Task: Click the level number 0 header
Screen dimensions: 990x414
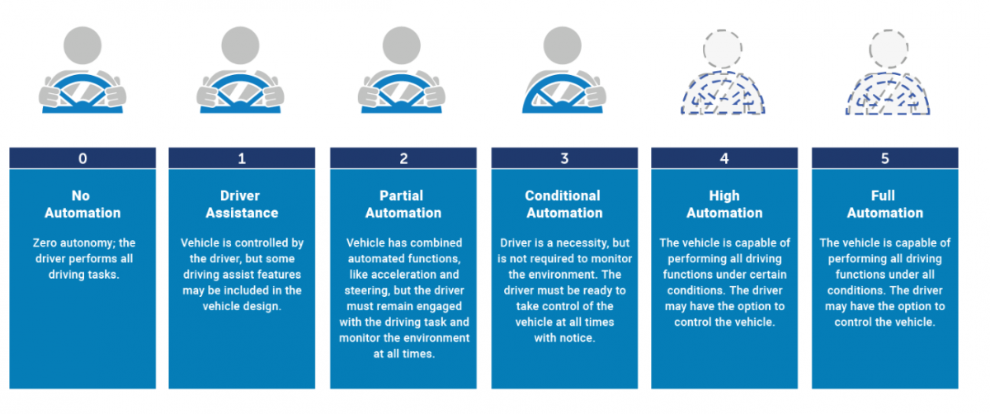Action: [x=82, y=158]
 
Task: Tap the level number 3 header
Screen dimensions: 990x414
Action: [x=564, y=158]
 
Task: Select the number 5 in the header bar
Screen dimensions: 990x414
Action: [x=884, y=158]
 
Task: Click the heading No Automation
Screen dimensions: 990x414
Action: [x=82, y=205]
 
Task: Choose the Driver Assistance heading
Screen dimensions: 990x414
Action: [x=242, y=205]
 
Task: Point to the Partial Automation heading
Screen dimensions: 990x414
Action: [x=403, y=205]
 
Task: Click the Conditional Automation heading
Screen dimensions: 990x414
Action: [x=564, y=205]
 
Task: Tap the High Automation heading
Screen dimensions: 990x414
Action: [x=724, y=205]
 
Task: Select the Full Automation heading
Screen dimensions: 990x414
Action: [x=884, y=205]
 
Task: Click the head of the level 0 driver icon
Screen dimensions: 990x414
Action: [x=82, y=45]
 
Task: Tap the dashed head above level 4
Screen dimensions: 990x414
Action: [x=722, y=49]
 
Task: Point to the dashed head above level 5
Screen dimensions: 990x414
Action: [x=889, y=49]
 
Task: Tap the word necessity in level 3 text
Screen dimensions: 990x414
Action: [x=582, y=243]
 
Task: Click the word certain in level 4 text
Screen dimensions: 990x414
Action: [x=766, y=275]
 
